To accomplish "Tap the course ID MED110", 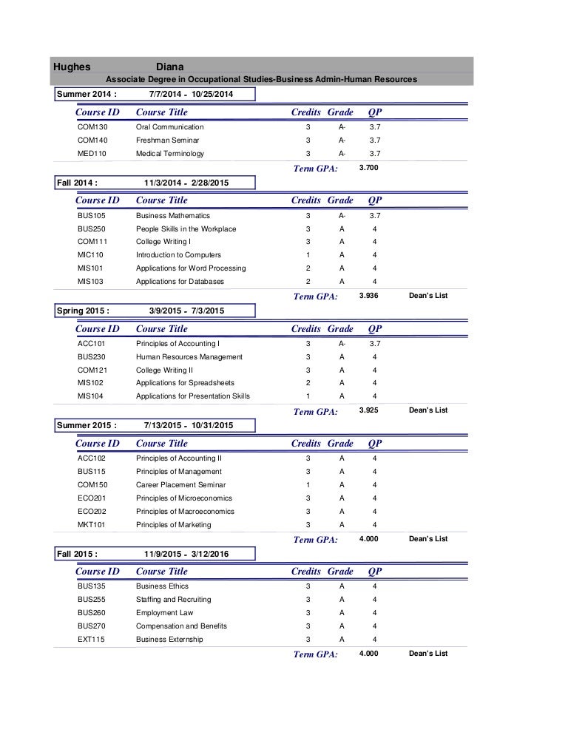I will [92, 154].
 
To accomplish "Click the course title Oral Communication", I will [169, 127].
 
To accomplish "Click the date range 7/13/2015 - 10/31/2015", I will [189, 426].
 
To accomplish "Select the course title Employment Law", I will [164, 613].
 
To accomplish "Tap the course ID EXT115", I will [92, 640].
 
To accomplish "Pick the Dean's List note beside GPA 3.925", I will [428, 410].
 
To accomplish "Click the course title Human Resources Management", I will [189, 357].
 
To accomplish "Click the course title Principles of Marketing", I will [173, 525].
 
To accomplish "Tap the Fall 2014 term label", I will [78, 182].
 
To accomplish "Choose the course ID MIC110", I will [92, 255].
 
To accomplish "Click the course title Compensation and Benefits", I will [181, 626].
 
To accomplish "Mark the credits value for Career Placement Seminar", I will [308, 485].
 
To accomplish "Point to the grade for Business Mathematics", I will [342, 215].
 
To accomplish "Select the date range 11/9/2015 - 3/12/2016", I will [187, 553].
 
